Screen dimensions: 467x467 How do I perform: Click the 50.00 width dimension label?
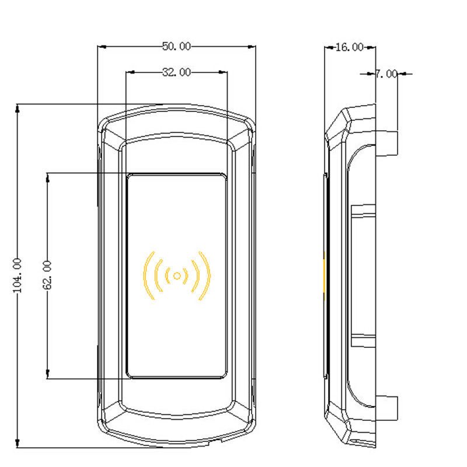click(176, 46)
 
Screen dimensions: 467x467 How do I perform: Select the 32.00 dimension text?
click(176, 72)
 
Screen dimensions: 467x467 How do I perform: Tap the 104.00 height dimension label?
click(18, 276)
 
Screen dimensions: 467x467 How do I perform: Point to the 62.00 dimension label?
click(47, 275)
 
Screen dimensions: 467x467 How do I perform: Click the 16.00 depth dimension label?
click(350, 47)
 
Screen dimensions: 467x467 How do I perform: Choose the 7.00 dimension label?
click(386, 74)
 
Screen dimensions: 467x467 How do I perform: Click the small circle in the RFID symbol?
click(177, 276)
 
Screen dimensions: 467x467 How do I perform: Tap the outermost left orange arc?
click(149, 276)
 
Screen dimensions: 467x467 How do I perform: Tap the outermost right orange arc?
click(205, 276)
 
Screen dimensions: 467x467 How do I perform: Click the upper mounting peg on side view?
click(386, 144)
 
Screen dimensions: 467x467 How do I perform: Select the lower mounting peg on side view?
click(386, 408)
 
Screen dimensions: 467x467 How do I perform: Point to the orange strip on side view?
click(325, 276)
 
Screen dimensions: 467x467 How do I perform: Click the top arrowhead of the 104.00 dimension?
click(18, 108)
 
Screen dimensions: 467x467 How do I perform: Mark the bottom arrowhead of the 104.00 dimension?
click(18, 443)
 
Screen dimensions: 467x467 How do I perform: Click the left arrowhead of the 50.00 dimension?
click(102, 47)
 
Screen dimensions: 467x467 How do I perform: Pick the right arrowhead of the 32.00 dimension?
click(223, 72)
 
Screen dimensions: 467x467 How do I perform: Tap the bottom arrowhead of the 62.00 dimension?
click(48, 374)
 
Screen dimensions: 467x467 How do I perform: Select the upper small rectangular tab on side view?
click(363, 211)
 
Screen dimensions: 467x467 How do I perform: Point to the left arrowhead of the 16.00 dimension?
click(329, 47)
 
